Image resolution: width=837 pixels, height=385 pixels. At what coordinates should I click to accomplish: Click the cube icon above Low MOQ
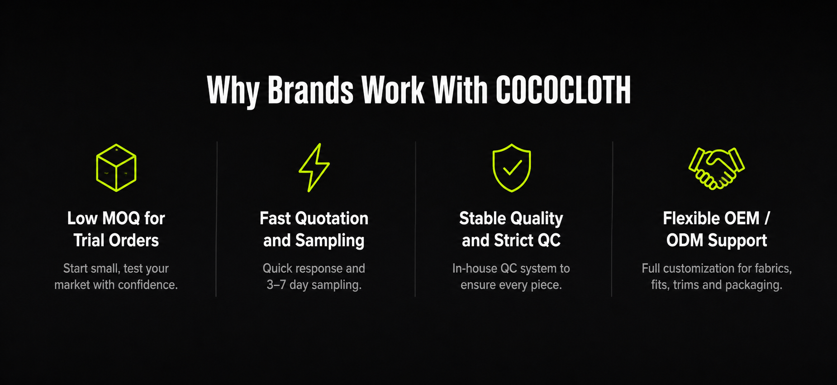(116, 168)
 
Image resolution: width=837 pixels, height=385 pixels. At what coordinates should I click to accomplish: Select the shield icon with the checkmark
(512, 168)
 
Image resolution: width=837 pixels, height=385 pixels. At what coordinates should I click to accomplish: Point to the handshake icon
(717, 168)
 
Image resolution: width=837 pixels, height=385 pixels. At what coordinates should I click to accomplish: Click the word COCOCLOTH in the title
(563, 91)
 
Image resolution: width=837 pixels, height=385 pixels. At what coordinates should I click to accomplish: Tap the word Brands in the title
(310, 91)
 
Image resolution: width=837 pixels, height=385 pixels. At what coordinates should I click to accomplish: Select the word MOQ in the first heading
(122, 218)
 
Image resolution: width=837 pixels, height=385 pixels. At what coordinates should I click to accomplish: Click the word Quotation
(332, 218)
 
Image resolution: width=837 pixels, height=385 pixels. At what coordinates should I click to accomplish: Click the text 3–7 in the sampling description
(276, 285)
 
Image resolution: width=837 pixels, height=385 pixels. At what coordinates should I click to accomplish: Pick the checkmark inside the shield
(512, 167)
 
